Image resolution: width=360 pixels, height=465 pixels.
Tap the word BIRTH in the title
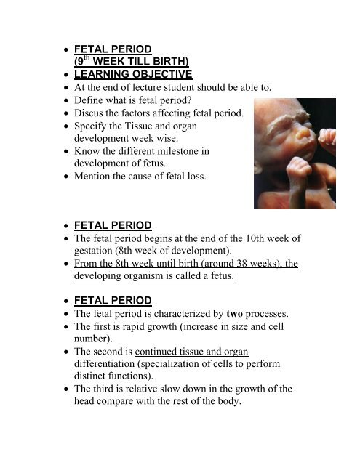click(164, 61)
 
